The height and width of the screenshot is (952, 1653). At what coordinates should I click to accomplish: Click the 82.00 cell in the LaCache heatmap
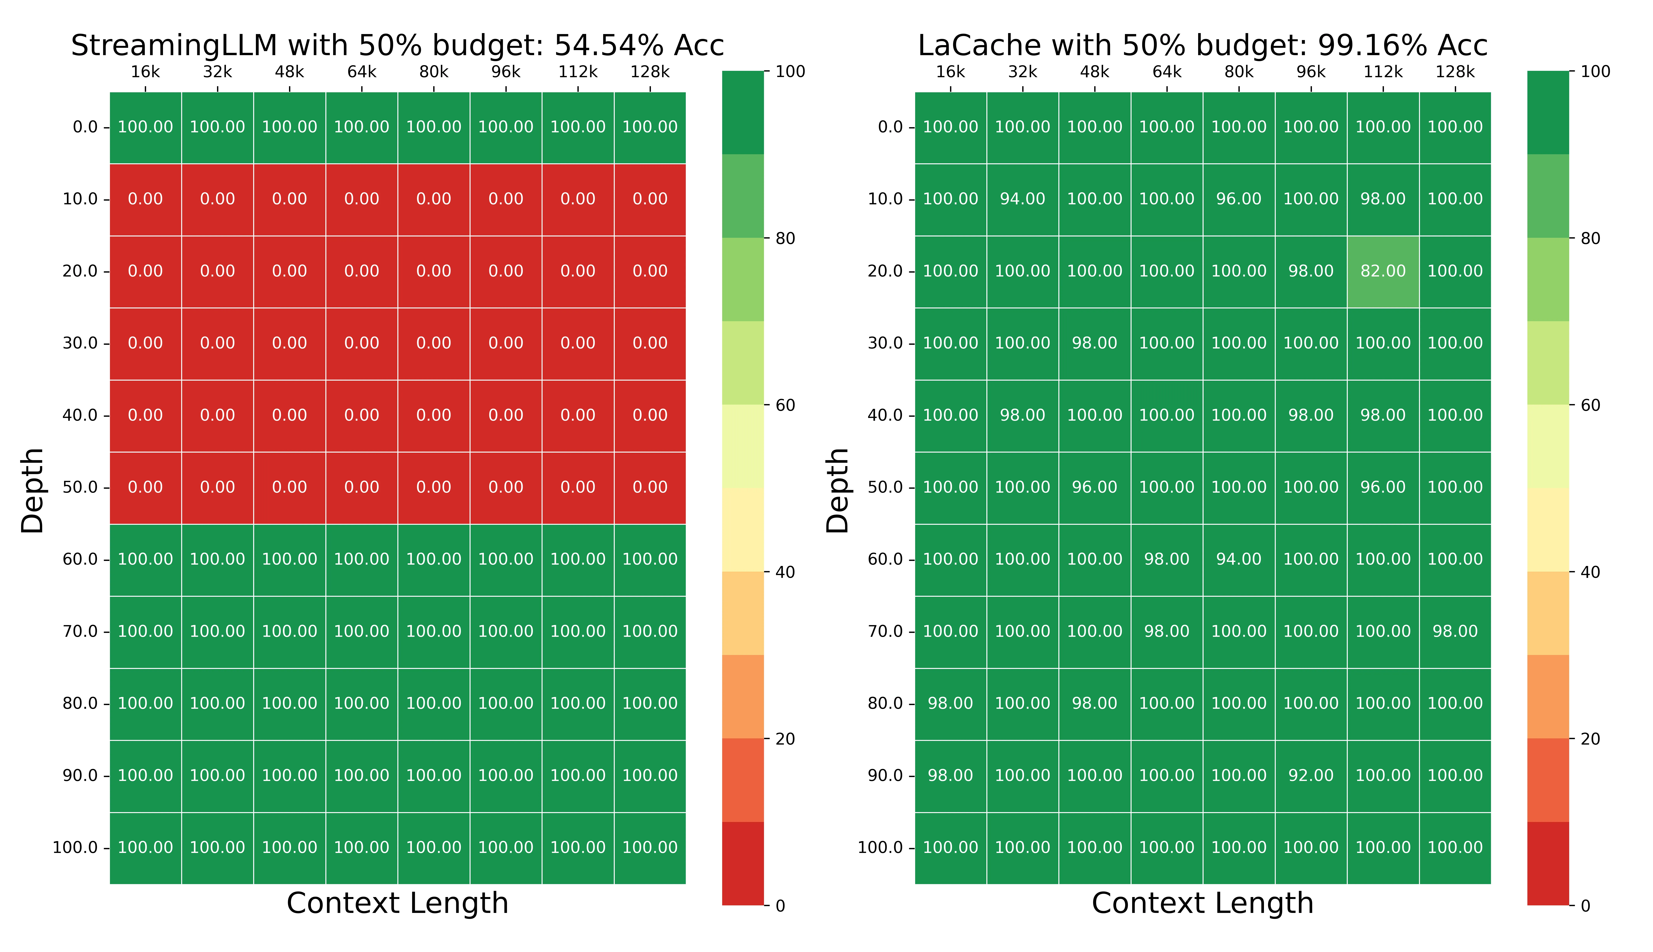click(1383, 271)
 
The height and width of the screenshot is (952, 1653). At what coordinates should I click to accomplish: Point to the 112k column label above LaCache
click(1383, 72)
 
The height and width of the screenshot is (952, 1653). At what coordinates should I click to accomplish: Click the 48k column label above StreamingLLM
click(290, 72)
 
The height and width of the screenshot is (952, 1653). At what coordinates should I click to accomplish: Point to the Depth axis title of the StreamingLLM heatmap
click(32, 490)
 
